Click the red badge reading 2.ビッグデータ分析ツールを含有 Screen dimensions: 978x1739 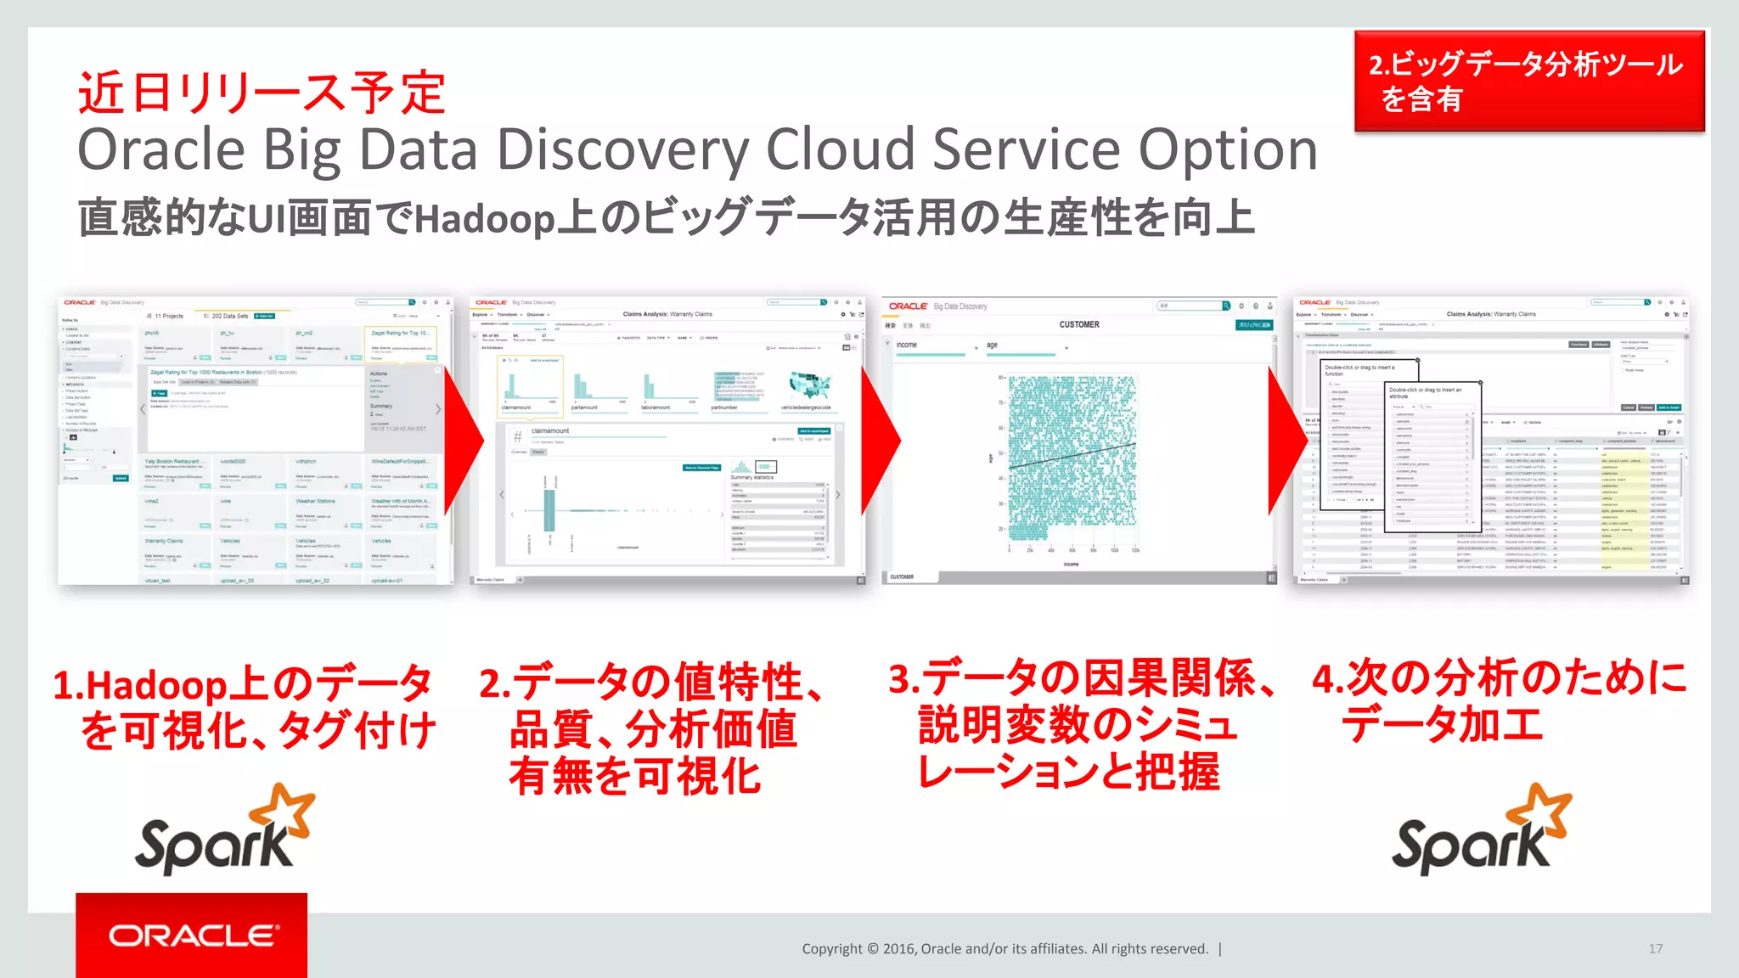click(x=1528, y=81)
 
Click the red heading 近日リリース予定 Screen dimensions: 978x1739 click(x=262, y=93)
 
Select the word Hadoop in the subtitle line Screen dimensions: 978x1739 click(x=485, y=219)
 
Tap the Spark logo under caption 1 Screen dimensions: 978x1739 click(x=224, y=831)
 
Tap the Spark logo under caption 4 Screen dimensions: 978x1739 click(x=1481, y=831)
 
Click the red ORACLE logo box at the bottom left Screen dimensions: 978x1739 click(x=192, y=935)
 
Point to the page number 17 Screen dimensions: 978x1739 click(x=1655, y=948)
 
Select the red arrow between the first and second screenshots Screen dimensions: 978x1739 click(x=464, y=441)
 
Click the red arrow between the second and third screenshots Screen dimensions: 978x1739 click(x=880, y=441)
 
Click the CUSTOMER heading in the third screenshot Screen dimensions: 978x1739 click(x=1078, y=324)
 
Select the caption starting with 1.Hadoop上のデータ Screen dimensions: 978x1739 click(x=245, y=707)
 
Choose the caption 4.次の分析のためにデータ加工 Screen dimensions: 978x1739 click(x=1498, y=701)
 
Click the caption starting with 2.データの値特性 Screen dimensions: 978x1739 click(x=652, y=728)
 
